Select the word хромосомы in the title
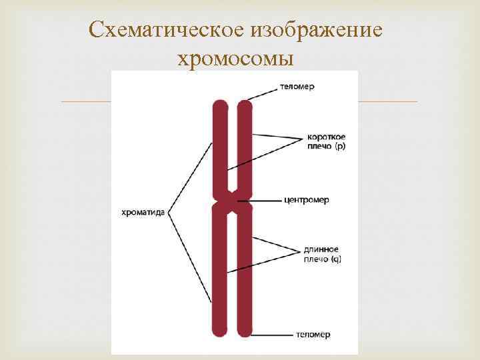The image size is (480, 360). (236, 59)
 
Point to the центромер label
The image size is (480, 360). (306, 200)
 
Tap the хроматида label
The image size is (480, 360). (143, 213)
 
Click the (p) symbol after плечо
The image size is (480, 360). (339, 145)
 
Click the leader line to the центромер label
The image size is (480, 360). (263, 200)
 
